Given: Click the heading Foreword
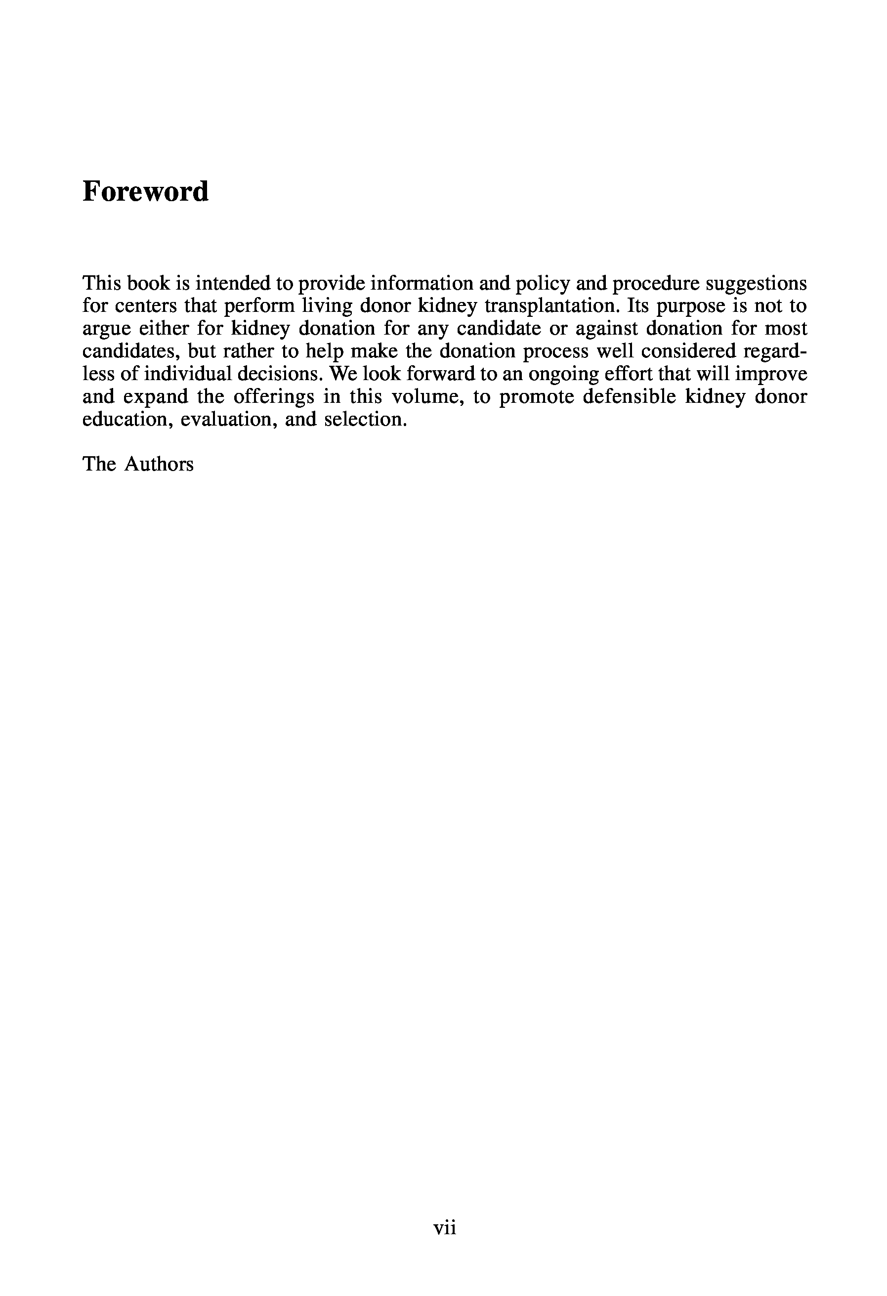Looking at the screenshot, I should point(145,191).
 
